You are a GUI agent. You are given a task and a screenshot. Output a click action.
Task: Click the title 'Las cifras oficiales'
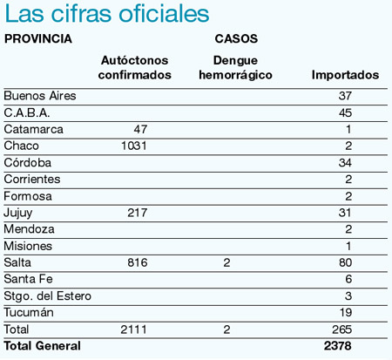pos(107,14)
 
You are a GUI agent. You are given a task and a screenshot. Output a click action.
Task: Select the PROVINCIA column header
pos(38,38)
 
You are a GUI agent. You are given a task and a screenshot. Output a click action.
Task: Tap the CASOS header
pos(236,38)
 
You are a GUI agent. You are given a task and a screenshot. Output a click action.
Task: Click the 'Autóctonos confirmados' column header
pos(134,67)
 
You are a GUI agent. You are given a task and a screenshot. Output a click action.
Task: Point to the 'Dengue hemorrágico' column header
pos(235,67)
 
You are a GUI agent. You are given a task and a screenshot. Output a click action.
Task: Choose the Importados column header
pos(345,75)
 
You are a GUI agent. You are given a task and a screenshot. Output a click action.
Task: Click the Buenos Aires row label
pos(40,96)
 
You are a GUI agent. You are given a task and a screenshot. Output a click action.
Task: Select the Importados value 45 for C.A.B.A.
pos(345,112)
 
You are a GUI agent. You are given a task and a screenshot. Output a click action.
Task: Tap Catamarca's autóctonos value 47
pos(140,129)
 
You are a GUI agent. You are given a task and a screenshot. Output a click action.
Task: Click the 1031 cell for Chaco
pos(134,146)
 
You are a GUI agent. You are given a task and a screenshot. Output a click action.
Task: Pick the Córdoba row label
pos(28,162)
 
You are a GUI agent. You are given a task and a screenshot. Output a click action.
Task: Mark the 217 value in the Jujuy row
pos(138,213)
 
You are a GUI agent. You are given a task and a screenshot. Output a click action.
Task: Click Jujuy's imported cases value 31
pos(345,213)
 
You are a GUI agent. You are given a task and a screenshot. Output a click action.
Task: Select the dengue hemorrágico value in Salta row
pos(226,262)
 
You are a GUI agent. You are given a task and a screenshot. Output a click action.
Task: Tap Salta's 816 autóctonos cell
pos(138,262)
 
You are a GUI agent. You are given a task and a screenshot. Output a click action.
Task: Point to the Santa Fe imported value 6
pos(348,279)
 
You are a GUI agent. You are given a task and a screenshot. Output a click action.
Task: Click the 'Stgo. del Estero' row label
pos(47,296)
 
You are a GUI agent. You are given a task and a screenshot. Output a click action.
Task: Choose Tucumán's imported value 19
pos(346,312)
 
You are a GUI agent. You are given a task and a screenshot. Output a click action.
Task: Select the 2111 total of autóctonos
pos(133,329)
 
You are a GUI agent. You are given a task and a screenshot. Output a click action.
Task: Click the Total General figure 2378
pos(337,346)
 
